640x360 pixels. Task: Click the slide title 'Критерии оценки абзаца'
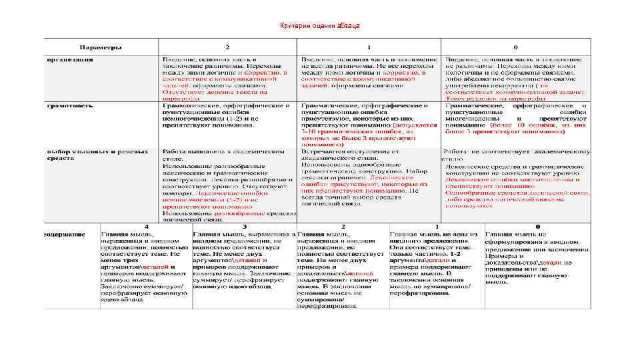[320, 25]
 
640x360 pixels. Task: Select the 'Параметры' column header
[101, 48]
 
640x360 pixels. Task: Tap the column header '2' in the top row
[227, 48]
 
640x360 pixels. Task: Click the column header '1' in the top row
[369, 48]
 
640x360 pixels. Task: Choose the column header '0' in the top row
[515, 48]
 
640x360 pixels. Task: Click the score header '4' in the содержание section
[146, 227]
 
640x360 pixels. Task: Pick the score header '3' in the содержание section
[244, 227]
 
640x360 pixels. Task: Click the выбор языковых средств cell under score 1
[369, 177]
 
